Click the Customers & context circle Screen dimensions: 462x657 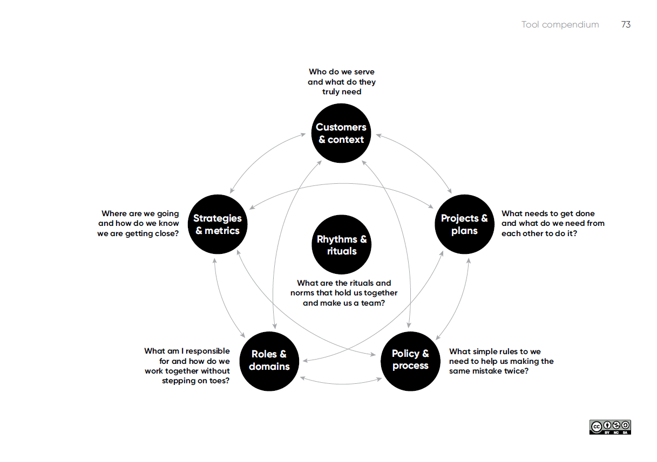pos(341,133)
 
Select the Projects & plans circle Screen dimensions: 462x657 pos(464,224)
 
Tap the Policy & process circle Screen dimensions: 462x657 pos(410,360)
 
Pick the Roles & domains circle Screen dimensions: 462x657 pos(269,360)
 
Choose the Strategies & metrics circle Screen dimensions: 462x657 pos(217,224)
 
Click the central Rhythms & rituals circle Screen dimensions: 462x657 pos(341,245)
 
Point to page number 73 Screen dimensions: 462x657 pos(626,25)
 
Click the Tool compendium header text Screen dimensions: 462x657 pos(560,25)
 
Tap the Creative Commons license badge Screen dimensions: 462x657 pos(610,427)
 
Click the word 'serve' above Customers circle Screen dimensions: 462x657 pos(364,72)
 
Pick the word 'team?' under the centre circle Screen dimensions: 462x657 pos(372,304)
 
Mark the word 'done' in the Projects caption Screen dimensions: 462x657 pos(585,213)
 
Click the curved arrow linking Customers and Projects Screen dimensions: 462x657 pos(424,156)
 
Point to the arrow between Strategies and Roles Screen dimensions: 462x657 pos(222,299)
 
